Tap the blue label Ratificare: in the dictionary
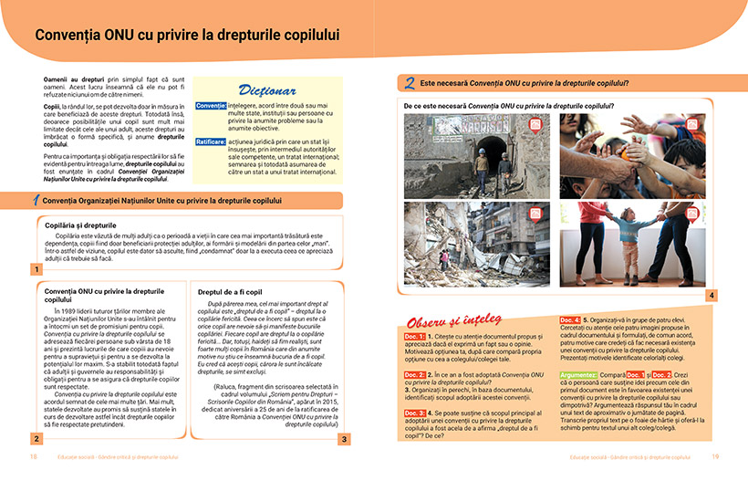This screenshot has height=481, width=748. pyautogui.click(x=210, y=141)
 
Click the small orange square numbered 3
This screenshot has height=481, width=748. pyautogui.click(x=344, y=439)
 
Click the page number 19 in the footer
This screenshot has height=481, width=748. pyautogui.click(x=715, y=455)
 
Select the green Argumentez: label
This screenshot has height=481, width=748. pyautogui.click(x=579, y=375)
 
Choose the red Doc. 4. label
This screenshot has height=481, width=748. pyautogui.click(x=571, y=319)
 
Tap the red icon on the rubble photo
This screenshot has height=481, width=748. pyautogui.click(x=535, y=213)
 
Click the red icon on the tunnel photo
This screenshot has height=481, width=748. pyautogui.click(x=535, y=125)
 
